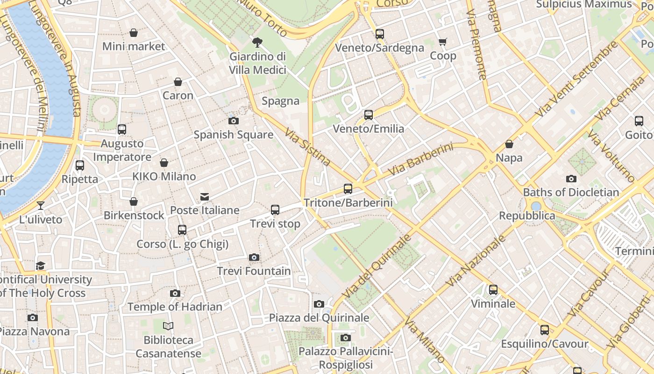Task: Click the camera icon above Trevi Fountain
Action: pos(254,257)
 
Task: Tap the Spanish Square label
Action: pos(234,135)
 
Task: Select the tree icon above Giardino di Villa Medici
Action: pos(257,43)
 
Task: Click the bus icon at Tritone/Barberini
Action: pos(348,189)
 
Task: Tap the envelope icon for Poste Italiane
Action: pos(205,196)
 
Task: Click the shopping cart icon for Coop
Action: pos(443,42)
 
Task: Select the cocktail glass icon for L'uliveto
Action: pos(41,205)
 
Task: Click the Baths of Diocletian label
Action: pos(571,192)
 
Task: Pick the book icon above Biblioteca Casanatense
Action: pos(168,326)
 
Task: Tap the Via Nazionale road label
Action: pos(476,261)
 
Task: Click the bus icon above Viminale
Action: pos(493,290)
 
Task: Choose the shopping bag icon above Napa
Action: pos(509,144)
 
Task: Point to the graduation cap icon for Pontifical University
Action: pos(41,266)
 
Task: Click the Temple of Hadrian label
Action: pos(175,307)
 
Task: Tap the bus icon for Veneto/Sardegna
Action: pos(379,34)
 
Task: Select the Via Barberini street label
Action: pos(420,160)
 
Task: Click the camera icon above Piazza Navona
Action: pos(32,317)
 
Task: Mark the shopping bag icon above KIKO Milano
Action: pos(164,163)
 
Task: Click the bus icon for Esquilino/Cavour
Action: pos(544,330)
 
